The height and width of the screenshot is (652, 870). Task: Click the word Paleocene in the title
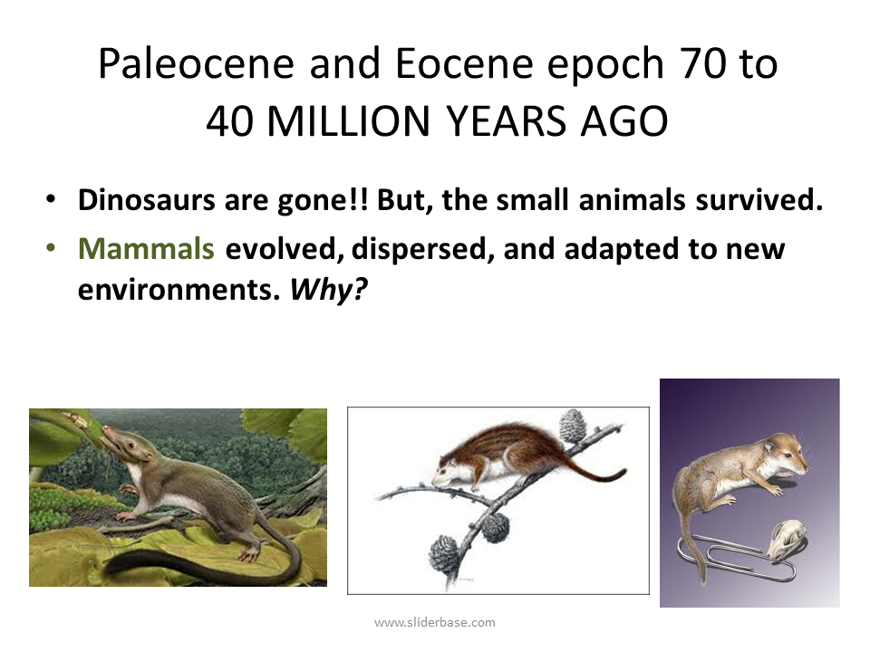click(196, 63)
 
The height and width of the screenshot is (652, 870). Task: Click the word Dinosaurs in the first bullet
click(147, 200)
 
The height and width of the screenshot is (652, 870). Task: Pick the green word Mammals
click(146, 248)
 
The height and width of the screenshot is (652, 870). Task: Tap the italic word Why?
click(328, 289)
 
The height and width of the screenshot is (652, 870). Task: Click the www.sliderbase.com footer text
click(435, 623)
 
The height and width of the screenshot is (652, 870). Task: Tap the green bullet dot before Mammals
click(51, 248)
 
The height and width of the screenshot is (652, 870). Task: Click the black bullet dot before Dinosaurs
click(51, 199)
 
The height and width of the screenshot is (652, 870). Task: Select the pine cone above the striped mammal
click(573, 426)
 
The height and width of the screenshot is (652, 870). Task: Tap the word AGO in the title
click(623, 120)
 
